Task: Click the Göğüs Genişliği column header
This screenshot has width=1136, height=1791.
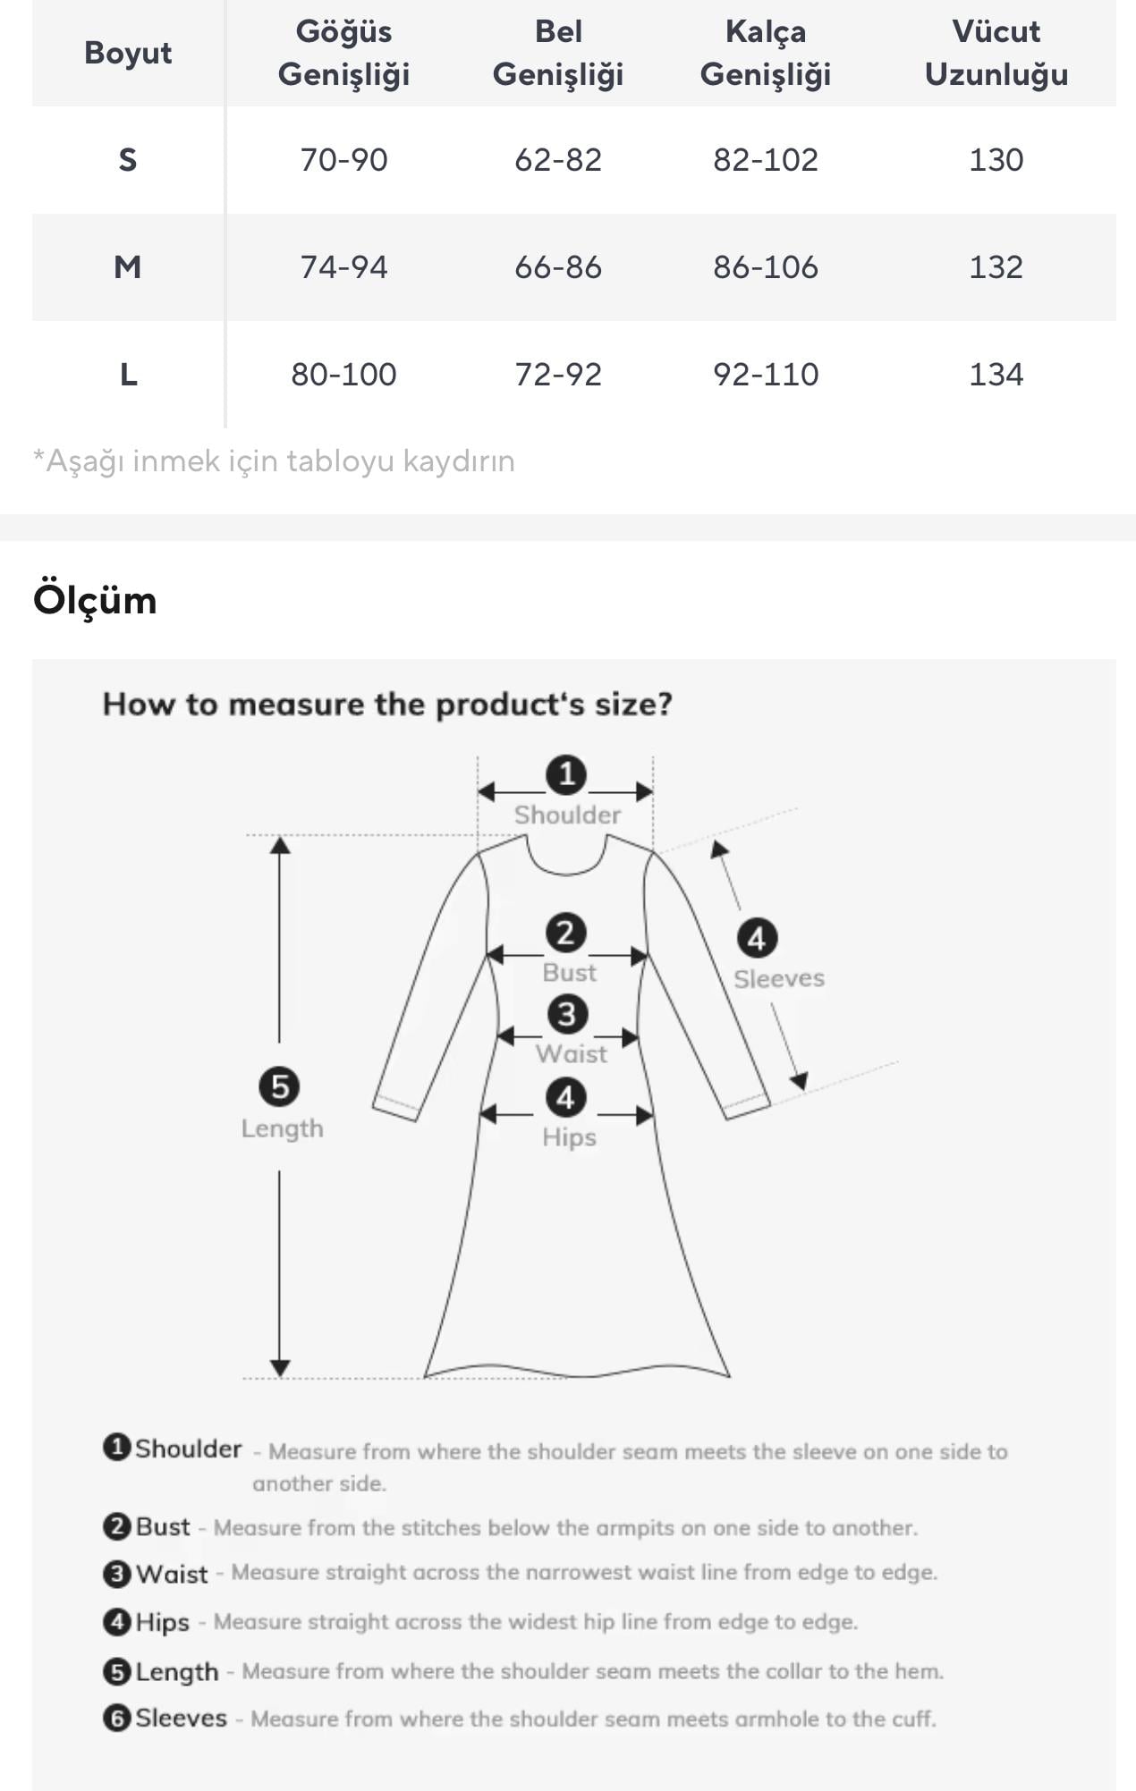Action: (343, 53)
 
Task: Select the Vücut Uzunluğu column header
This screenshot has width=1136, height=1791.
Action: (996, 53)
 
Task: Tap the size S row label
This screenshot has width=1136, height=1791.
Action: (128, 160)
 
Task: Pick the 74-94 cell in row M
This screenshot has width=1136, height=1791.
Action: (343, 267)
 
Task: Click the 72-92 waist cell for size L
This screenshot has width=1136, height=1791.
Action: (558, 375)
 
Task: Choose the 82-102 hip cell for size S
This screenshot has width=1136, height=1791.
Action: (766, 160)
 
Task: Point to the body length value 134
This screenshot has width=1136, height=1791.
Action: (996, 375)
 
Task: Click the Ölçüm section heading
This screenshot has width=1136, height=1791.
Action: (95, 600)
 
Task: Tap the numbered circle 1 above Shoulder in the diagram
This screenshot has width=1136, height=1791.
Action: (566, 774)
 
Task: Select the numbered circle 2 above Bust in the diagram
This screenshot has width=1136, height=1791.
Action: (566, 934)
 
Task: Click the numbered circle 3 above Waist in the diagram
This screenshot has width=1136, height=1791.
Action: (567, 1015)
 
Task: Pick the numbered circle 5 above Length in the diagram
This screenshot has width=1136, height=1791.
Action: (279, 1087)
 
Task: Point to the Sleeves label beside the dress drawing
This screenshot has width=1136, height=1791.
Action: (779, 978)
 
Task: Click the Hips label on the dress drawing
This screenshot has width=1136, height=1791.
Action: (569, 1137)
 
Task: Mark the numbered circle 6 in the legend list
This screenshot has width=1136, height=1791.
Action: (117, 1718)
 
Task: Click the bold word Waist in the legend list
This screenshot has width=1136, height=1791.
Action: (172, 1574)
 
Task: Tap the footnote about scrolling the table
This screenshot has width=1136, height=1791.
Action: (274, 461)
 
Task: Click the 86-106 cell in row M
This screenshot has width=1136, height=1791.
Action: (766, 267)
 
